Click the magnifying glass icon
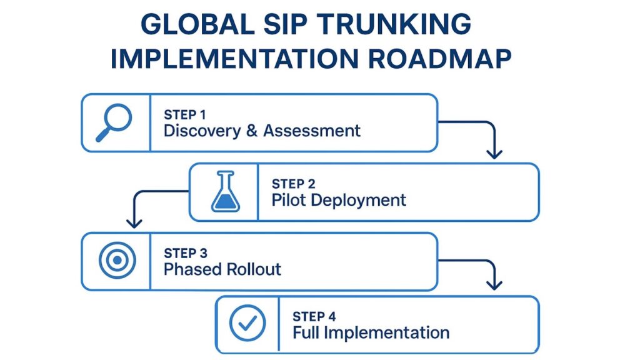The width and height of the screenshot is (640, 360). pyautogui.click(x=114, y=122)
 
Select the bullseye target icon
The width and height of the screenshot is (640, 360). pyautogui.click(x=117, y=261)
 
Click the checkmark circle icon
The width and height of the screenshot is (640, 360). pyautogui.click(x=247, y=324)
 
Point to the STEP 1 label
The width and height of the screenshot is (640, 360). pyautogui.click(x=185, y=115)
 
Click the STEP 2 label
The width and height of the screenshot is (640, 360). pyautogui.click(x=293, y=184)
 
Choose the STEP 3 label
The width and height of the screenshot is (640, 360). pyautogui.click(x=186, y=253)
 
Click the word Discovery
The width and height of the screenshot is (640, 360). pyautogui.click(x=201, y=131)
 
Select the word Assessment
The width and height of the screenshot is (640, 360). pyautogui.click(x=312, y=131)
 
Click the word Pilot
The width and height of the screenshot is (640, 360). pyautogui.click(x=287, y=200)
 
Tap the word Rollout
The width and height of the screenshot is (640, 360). pyautogui.click(x=254, y=269)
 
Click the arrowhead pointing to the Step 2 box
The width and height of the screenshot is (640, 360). pyautogui.click(x=494, y=154)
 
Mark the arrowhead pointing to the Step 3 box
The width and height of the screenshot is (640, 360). pyautogui.click(x=132, y=223)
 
